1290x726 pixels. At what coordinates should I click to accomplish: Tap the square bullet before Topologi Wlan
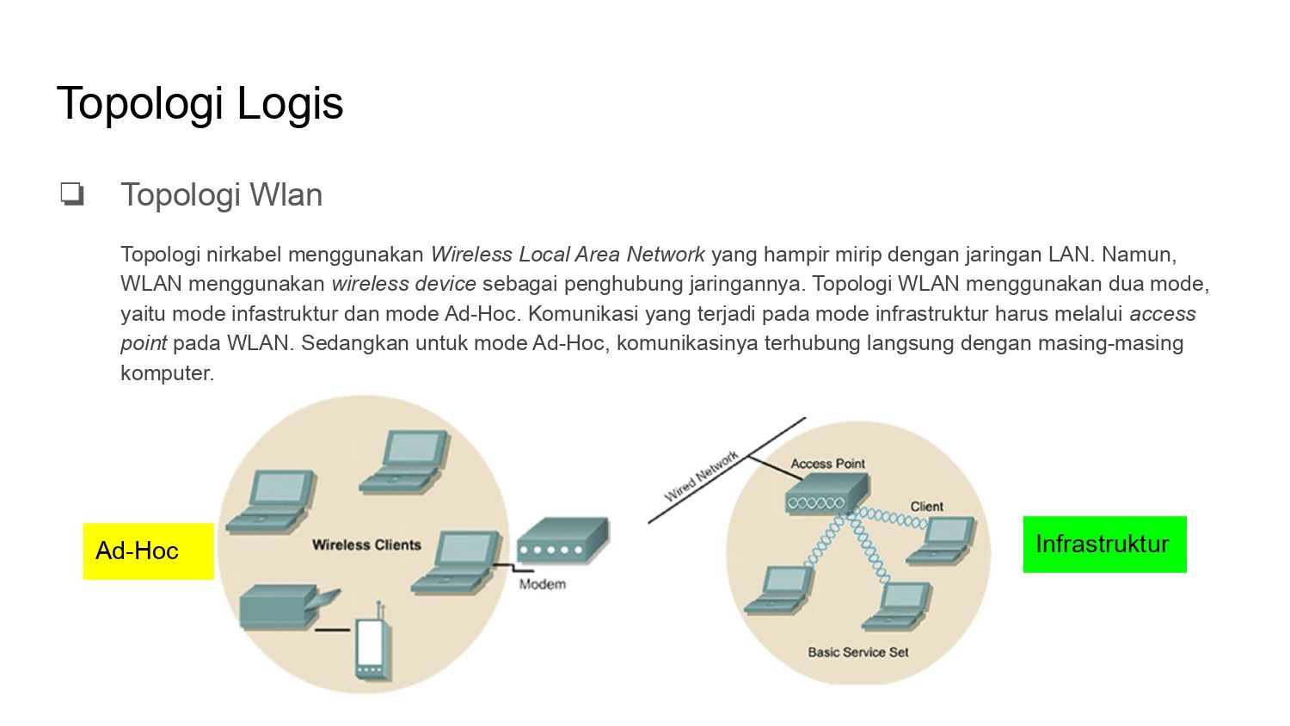72,194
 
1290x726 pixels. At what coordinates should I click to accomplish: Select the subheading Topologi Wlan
222,194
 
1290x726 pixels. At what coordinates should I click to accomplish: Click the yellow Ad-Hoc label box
149,551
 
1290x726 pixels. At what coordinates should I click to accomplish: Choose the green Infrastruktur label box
1104,544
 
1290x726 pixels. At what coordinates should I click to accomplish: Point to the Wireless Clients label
366,545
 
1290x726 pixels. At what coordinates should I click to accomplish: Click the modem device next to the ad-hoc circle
562,539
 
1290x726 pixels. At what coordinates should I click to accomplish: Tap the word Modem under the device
542,584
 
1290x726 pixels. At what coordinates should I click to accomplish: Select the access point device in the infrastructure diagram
827,493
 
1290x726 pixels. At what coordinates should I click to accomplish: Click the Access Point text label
827,464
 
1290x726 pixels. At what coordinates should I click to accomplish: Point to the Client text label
926,507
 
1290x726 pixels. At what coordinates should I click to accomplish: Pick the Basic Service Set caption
858,652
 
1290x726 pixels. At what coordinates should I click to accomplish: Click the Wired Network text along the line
701,476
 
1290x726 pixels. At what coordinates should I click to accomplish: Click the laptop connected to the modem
456,562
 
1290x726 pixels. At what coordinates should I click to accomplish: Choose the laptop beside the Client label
942,540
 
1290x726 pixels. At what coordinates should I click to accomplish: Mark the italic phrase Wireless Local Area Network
568,254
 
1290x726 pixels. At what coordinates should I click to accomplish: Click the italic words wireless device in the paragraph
403,284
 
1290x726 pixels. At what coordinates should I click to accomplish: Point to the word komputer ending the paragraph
167,373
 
